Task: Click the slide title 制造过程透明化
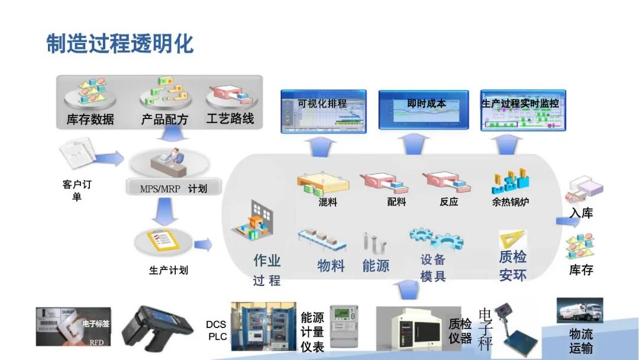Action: (x=120, y=44)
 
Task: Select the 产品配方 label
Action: (x=164, y=119)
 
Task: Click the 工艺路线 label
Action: (x=230, y=118)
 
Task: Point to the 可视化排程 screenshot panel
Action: (x=323, y=111)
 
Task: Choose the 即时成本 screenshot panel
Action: (x=423, y=111)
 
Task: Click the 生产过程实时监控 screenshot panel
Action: (x=522, y=111)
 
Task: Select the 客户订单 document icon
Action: (x=77, y=152)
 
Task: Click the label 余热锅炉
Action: (x=510, y=202)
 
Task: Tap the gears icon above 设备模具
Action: (x=436, y=238)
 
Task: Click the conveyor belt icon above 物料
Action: (x=322, y=240)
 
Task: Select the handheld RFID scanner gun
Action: (x=157, y=326)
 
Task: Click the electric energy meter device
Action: (x=344, y=325)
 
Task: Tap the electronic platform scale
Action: (x=515, y=327)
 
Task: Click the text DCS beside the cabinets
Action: (x=216, y=324)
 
